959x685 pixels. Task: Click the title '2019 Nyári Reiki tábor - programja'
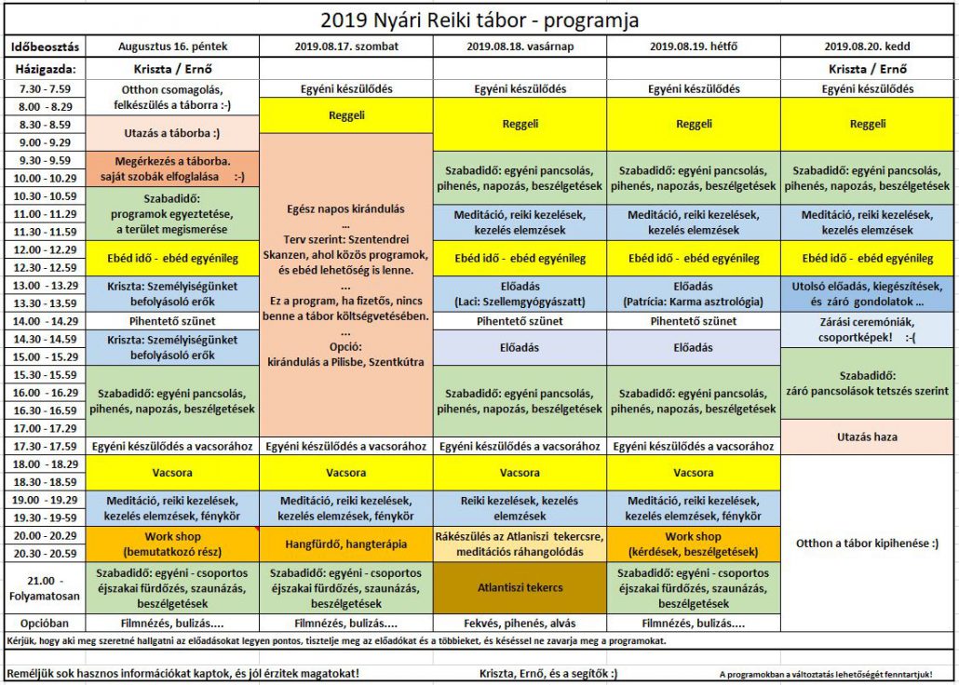(x=479, y=20)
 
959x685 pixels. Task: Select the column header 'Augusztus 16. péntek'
(x=173, y=46)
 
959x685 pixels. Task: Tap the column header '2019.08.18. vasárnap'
(x=520, y=46)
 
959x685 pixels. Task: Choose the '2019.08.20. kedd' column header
(x=868, y=46)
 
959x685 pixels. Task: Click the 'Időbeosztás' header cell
(x=46, y=46)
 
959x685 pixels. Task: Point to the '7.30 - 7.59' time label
(x=46, y=89)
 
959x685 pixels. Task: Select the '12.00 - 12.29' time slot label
(x=46, y=249)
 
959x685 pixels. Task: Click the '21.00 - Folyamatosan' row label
(x=46, y=588)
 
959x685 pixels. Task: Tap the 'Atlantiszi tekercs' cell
(x=520, y=588)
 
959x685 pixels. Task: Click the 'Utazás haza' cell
(x=868, y=437)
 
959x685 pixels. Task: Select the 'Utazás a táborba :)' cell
(x=173, y=133)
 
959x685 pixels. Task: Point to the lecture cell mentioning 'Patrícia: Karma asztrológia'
(x=694, y=294)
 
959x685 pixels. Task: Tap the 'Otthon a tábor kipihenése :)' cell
(x=868, y=544)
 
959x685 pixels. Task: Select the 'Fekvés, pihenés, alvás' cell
(x=520, y=622)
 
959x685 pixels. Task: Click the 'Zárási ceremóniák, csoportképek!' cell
(x=868, y=329)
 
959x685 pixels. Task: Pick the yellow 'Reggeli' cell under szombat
(x=346, y=116)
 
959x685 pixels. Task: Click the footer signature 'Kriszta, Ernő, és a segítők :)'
(x=548, y=673)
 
